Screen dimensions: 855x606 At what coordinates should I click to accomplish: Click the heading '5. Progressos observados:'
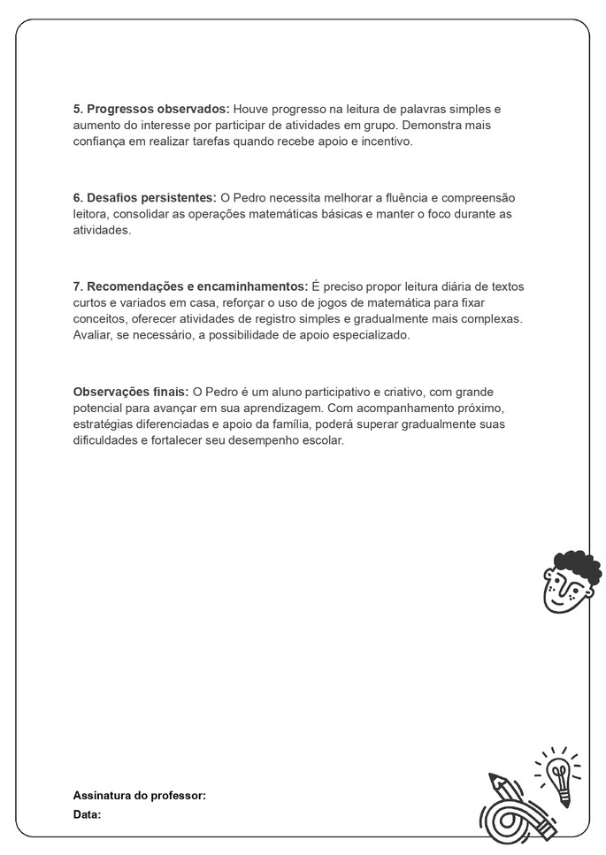[150, 109]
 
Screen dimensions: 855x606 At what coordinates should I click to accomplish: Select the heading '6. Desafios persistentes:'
[144, 197]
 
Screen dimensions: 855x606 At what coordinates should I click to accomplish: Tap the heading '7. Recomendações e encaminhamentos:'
[190, 286]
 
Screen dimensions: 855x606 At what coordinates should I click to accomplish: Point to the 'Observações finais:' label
[130, 391]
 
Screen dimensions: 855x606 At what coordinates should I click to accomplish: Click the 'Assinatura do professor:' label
[139, 796]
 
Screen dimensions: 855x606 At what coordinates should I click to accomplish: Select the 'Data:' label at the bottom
[87, 814]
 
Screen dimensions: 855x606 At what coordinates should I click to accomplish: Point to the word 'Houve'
[249, 109]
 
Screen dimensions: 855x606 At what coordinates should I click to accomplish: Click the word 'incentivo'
[384, 141]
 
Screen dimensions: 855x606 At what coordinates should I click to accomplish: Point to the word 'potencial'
[98, 408]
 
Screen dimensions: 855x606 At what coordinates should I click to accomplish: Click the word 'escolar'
[322, 441]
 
